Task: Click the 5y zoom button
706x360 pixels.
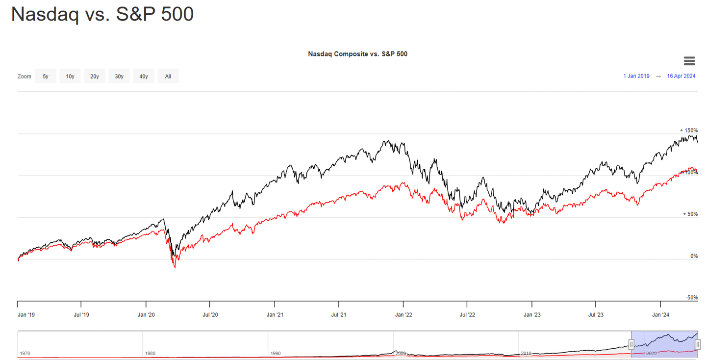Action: tap(46, 76)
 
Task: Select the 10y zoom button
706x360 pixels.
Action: tap(70, 76)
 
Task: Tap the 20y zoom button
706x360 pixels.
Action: tap(95, 76)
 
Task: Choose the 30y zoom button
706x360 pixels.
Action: tap(119, 76)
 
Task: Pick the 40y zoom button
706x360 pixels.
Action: tap(144, 76)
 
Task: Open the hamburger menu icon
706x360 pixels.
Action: tap(689, 61)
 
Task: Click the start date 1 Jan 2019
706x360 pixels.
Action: tap(636, 76)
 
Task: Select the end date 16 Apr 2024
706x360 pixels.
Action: tap(681, 76)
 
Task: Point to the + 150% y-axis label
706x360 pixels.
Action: tap(688, 130)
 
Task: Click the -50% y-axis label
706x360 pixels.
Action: tap(692, 298)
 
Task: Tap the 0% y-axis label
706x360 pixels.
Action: tap(693, 256)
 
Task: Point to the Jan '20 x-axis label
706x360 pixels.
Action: tap(146, 315)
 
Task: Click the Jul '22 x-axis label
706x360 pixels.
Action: tap(467, 315)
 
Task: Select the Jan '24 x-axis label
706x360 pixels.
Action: tap(660, 315)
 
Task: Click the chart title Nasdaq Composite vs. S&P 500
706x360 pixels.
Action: tap(357, 54)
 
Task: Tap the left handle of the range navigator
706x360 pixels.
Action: tap(631, 345)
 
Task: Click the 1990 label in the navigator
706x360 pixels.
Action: tap(276, 353)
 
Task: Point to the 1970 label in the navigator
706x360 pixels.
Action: tap(25, 353)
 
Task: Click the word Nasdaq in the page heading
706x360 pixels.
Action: tap(45, 14)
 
